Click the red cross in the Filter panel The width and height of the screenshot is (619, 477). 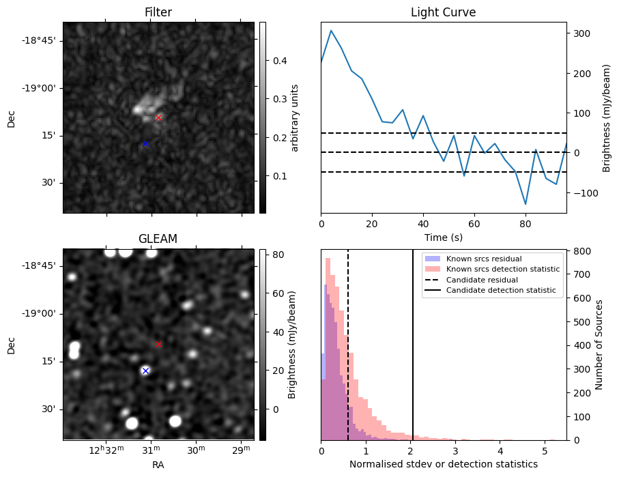point(158,117)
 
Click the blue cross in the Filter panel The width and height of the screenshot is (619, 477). point(145,144)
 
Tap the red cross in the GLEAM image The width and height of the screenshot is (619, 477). point(158,345)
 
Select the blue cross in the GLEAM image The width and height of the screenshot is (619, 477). point(145,371)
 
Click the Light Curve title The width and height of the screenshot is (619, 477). point(443,12)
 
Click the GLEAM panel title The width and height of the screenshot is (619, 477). point(158,239)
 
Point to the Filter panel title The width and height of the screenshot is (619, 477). point(158,12)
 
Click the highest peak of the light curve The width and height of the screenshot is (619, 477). point(331,30)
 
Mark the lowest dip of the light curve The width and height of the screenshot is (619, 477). point(526,204)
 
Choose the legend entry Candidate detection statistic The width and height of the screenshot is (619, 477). point(501,291)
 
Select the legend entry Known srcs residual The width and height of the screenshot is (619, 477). point(484,259)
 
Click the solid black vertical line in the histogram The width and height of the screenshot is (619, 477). point(413,355)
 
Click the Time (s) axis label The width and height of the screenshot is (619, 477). point(443,237)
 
